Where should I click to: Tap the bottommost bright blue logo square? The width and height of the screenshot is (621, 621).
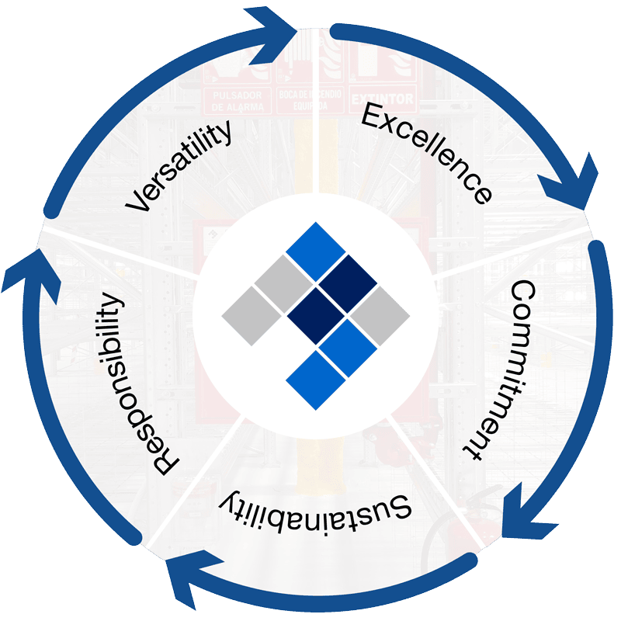coord(315,381)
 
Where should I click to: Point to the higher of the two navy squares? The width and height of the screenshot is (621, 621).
coord(348,283)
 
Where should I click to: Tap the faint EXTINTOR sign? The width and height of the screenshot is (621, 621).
coord(383,100)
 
